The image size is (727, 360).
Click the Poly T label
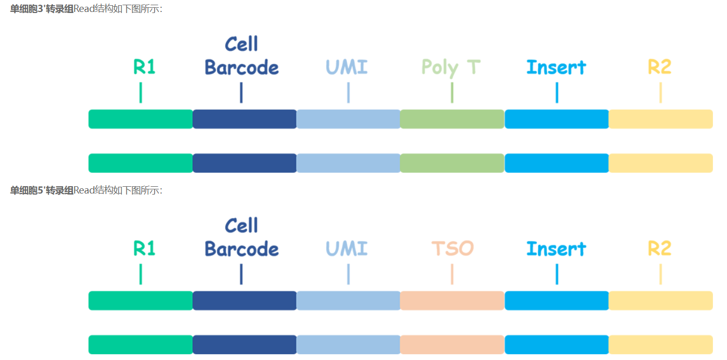click(x=451, y=68)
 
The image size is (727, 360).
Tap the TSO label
click(x=452, y=249)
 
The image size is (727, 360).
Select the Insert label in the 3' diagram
click(x=556, y=67)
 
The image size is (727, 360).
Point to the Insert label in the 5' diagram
click(x=556, y=249)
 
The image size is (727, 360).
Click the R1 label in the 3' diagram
click(x=144, y=67)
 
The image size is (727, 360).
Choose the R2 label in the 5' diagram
click(x=659, y=249)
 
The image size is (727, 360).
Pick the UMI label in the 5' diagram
click(x=347, y=249)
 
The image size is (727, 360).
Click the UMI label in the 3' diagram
click(x=347, y=67)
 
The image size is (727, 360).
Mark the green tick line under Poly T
click(x=452, y=93)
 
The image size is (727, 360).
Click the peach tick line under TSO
click(x=452, y=274)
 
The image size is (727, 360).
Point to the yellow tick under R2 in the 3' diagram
click(x=660, y=93)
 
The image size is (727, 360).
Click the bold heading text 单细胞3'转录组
click(x=42, y=9)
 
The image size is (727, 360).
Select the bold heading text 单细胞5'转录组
click(x=42, y=190)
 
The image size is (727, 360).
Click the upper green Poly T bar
click(x=452, y=119)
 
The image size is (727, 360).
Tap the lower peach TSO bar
click(x=452, y=345)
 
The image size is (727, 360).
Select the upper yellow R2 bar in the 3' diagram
click(x=660, y=119)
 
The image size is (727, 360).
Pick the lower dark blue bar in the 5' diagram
click(x=244, y=345)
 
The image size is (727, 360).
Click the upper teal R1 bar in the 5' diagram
click(x=141, y=301)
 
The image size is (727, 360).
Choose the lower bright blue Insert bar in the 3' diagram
click(x=556, y=163)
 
